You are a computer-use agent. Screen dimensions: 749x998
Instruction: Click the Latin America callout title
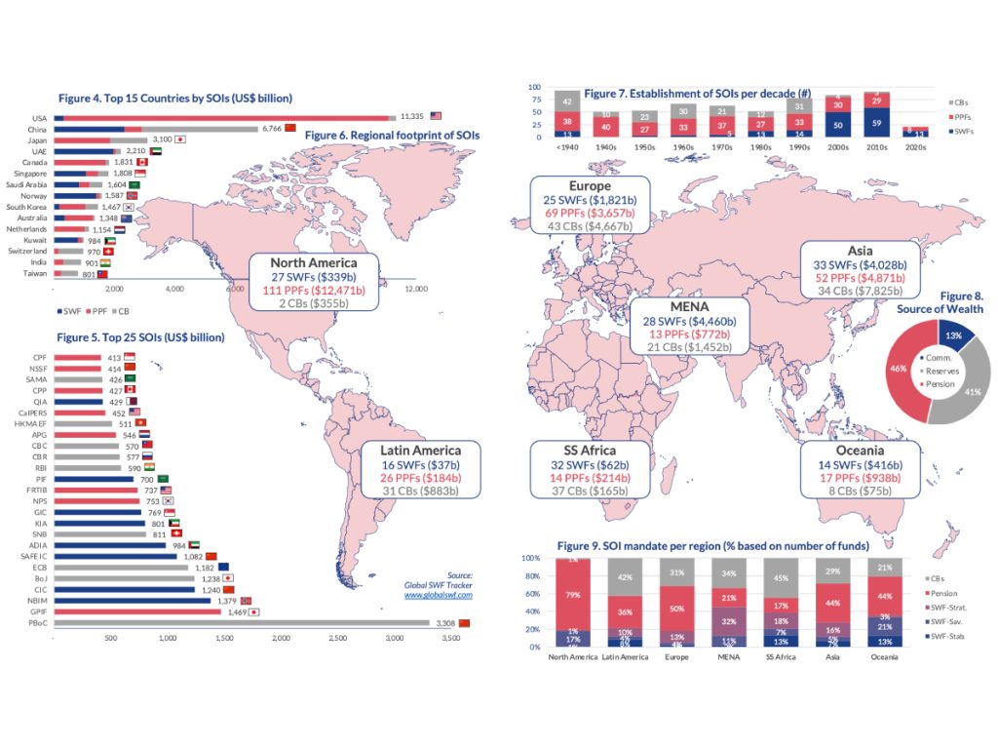[x=421, y=451]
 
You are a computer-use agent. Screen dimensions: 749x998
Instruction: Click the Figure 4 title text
[x=175, y=99]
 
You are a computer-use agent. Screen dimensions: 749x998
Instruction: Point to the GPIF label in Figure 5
[x=40, y=611]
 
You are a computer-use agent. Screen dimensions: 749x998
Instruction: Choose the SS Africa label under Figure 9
[x=778, y=656]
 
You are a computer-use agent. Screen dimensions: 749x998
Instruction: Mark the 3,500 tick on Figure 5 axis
[x=450, y=638]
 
